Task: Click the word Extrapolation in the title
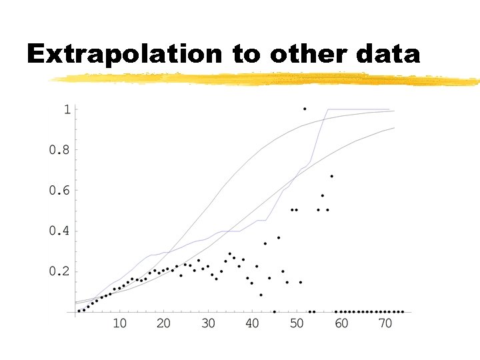[126, 54]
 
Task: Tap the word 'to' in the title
[247, 54]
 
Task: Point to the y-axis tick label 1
[66, 109]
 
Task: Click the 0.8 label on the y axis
[59, 150]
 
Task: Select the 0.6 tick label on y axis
[59, 191]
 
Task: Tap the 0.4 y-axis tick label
[59, 231]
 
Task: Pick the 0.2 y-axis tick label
[59, 272]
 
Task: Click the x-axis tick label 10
[119, 324]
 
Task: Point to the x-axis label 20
[163, 324]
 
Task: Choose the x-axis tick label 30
[208, 324]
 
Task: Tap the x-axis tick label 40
[252, 324]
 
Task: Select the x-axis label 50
[297, 324]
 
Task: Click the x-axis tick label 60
[341, 324]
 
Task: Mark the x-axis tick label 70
[385, 324]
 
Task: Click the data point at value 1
[305, 109]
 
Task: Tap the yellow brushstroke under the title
[267, 79]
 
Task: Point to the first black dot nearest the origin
[79, 311]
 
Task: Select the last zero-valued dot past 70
[402, 311]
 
